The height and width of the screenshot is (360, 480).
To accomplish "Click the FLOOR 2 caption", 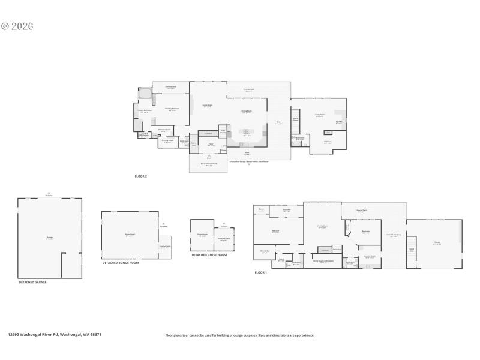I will point(140,176).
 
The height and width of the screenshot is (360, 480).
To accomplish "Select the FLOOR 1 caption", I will point(260,272).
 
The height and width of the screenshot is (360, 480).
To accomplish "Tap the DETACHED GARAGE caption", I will point(32,282).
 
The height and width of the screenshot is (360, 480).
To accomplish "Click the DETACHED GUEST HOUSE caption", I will point(209,255).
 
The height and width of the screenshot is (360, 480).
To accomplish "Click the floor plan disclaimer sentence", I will point(239,335).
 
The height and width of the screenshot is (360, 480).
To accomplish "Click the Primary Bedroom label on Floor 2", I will point(172,110).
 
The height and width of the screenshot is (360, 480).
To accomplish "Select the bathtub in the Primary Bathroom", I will point(145,94).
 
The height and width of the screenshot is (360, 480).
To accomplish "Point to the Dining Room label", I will point(246,112).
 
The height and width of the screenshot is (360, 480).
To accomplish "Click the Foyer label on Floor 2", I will point(211,144).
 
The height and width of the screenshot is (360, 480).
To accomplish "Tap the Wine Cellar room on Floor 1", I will point(265,253).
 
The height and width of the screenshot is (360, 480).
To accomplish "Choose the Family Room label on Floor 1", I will point(322,227).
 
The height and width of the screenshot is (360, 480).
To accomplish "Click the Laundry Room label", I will point(370,256).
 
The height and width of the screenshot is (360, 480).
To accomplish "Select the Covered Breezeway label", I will point(394,236).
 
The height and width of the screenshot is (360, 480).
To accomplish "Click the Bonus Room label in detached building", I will point(130,235).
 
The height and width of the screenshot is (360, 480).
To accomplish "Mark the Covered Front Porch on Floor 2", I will point(208,165).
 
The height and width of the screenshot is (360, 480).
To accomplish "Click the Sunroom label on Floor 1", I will point(287,211).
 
